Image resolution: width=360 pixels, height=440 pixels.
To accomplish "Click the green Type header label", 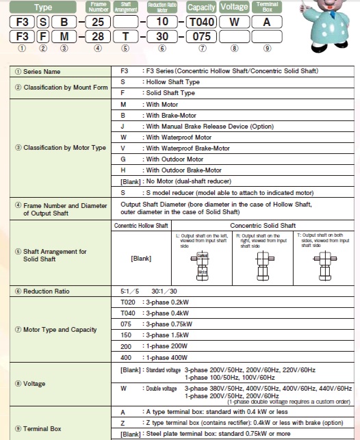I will point(43,8).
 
